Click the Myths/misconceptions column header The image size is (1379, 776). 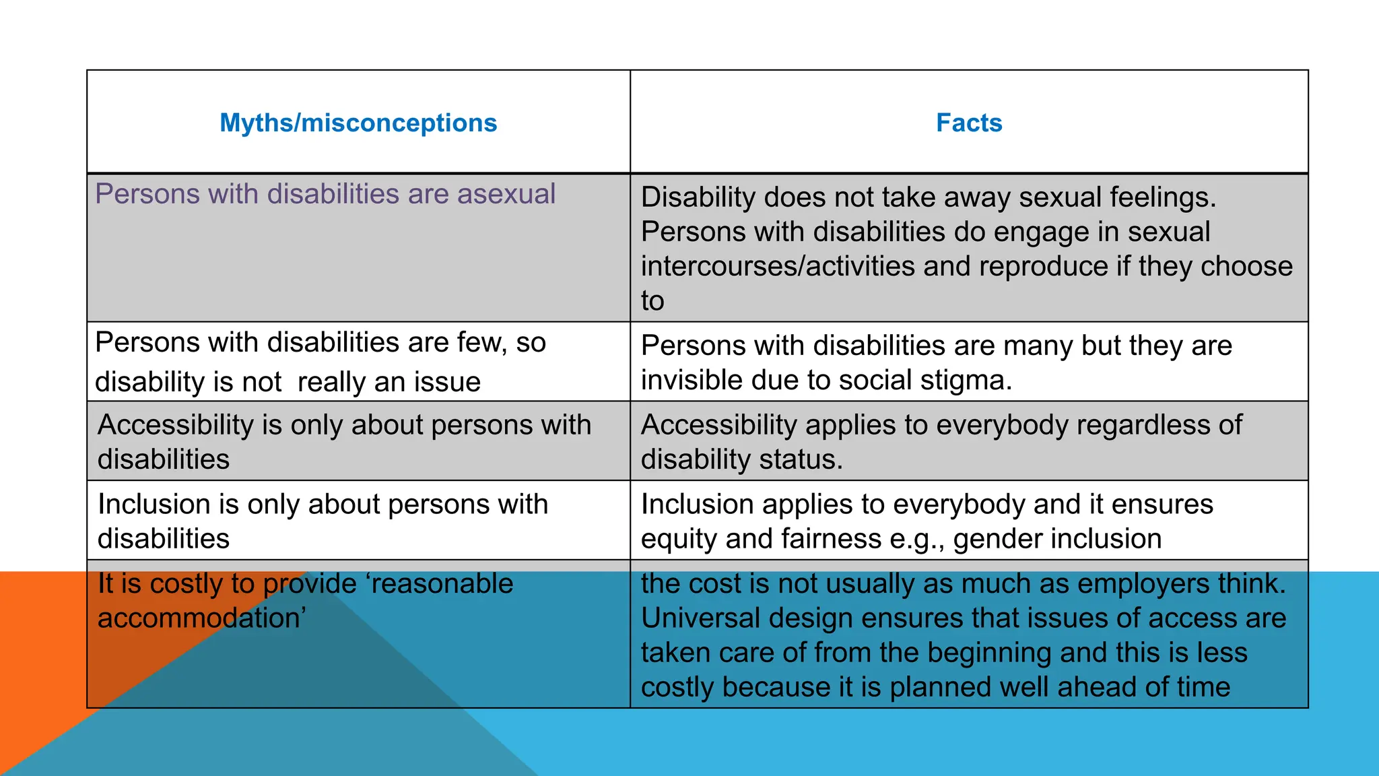[x=358, y=123]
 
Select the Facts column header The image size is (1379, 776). [x=969, y=123]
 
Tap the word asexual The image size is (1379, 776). [x=506, y=194]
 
